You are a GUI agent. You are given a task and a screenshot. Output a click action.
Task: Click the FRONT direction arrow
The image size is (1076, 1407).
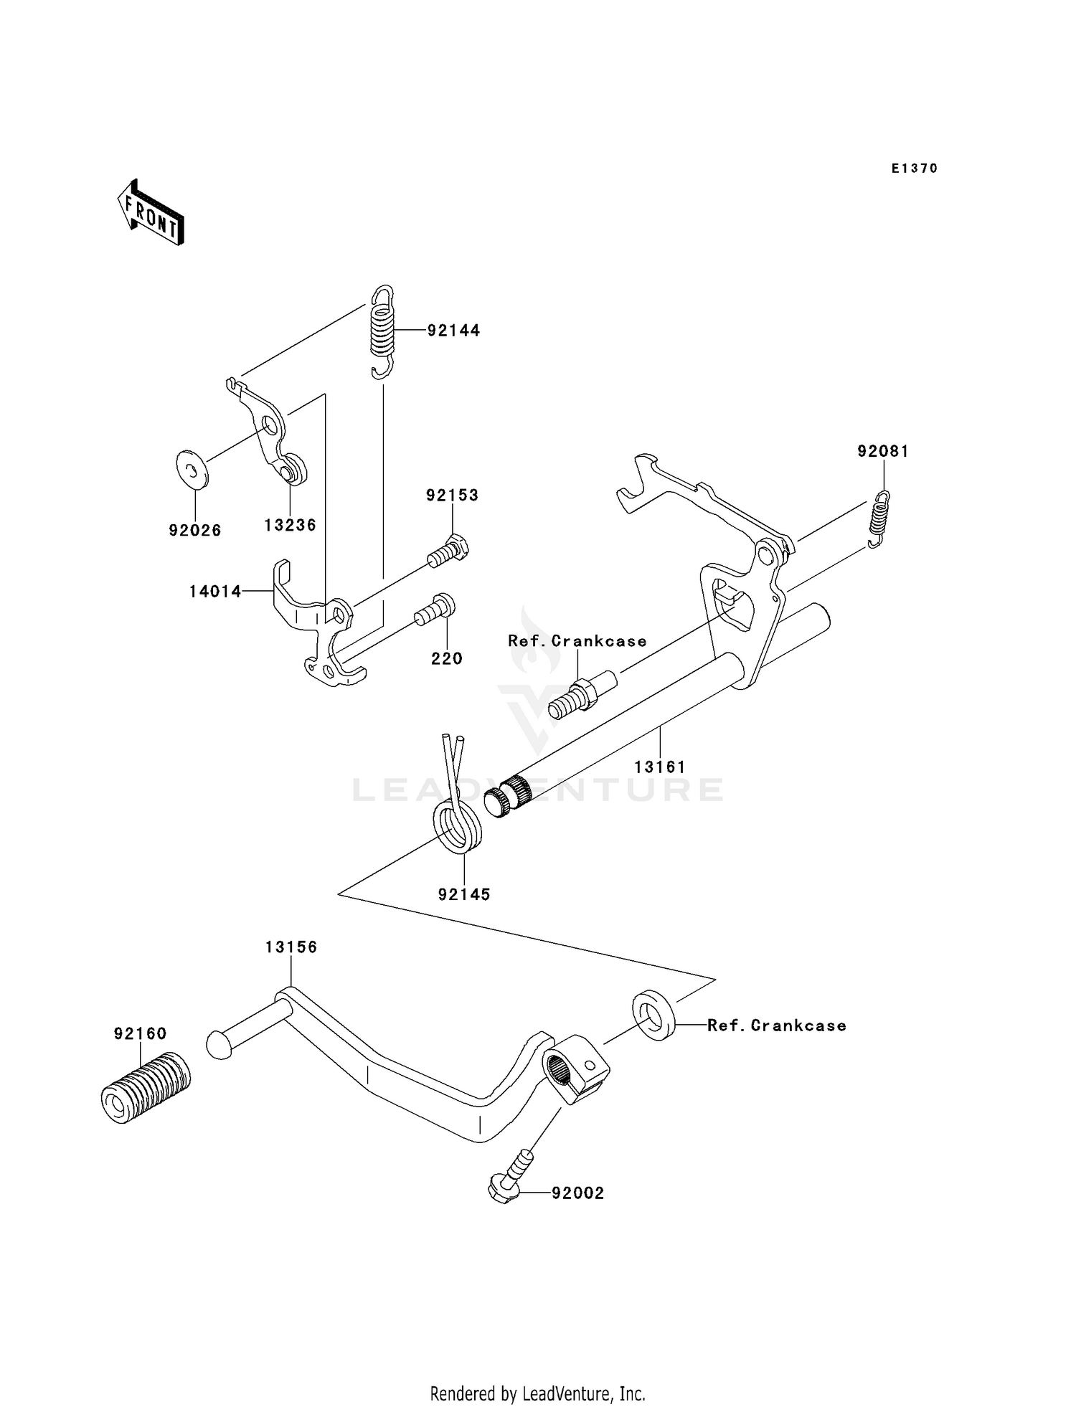pos(151,213)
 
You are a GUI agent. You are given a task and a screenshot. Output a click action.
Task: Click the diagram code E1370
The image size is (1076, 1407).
pos(914,169)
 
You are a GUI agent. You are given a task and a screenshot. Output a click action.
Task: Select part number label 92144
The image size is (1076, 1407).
pos(453,331)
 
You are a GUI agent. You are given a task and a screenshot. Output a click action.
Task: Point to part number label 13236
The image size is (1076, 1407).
pos(290,525)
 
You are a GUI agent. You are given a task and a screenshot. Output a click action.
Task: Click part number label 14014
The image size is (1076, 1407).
pos(215,592)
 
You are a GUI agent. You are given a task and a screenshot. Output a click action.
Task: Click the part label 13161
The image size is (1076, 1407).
pos(660,767)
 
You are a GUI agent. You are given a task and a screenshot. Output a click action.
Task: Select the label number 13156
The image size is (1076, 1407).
pos(291,947)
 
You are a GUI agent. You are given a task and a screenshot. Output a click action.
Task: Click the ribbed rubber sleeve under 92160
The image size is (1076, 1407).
pos(146,1086)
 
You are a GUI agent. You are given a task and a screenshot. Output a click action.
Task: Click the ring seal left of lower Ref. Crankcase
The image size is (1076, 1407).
pos(653,1014)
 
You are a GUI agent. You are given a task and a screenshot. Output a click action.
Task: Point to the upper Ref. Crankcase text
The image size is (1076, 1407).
pos(577,641)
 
